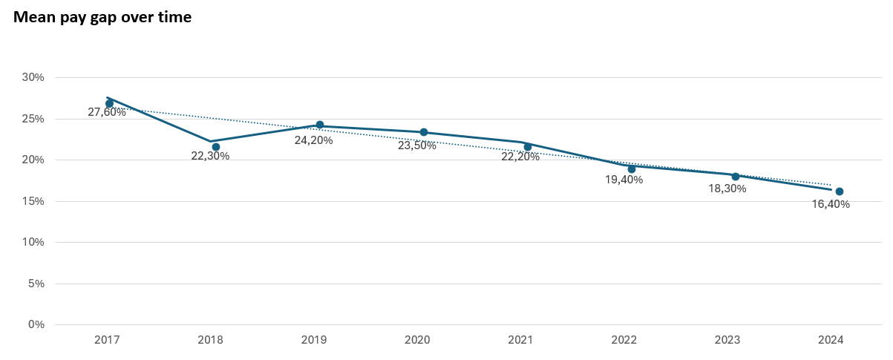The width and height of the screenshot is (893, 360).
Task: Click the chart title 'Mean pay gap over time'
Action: point(102,17)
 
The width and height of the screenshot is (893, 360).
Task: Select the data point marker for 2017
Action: point(110,103)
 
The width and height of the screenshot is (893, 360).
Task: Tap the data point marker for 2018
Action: point(216,147)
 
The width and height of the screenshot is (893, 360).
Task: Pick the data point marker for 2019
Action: point(320,125)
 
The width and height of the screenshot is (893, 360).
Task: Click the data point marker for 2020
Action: point(424,132)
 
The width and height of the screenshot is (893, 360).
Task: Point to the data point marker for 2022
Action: point(632,168)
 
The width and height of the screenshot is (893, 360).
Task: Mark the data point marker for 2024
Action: point(840,192)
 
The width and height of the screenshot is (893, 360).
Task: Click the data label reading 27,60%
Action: point(107,112)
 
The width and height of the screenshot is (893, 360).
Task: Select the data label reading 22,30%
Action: point(211,156)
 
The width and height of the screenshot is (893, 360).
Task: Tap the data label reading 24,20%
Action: point(314,140)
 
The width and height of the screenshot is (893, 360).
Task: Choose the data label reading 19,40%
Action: point(624,180)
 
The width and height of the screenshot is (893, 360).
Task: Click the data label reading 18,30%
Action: point(727,189)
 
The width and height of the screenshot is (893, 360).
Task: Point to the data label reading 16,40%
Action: point(831,204)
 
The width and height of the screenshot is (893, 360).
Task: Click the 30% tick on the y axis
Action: point(33,77)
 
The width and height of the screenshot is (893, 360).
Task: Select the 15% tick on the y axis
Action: point(33,201)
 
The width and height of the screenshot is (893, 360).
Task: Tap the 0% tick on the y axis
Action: point(36,324)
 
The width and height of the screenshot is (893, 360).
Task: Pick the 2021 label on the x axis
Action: point(520,340)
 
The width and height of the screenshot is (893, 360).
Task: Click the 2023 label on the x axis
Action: point(727,340)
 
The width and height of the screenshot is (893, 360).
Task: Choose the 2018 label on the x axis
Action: point(210,340)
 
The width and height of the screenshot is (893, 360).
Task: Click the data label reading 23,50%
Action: point(417,145)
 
